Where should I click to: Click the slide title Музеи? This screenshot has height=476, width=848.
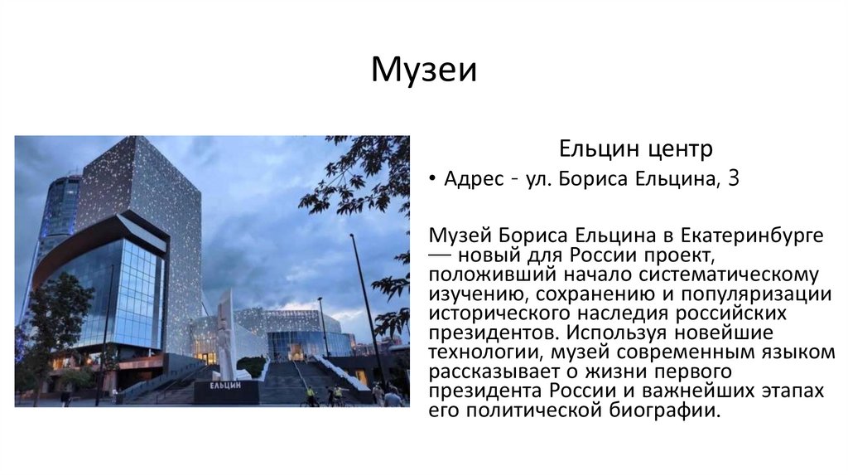423,70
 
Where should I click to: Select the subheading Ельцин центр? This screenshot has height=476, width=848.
635,150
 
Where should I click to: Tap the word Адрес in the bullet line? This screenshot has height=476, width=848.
474,178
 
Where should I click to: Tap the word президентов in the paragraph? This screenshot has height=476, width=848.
479,333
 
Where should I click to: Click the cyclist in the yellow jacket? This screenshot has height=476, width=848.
311,396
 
